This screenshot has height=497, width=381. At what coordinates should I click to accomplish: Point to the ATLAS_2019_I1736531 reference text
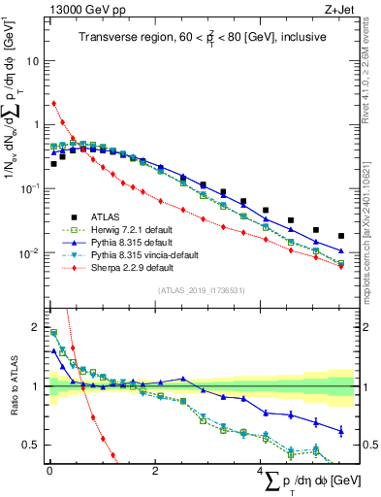(x=200, y=289)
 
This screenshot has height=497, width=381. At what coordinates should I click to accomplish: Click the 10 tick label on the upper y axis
(x=33, y=60)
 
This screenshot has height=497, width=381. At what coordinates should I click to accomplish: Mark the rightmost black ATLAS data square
(x=340, y=236)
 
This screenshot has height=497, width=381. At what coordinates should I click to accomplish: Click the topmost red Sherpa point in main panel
(x=53, y=103)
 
